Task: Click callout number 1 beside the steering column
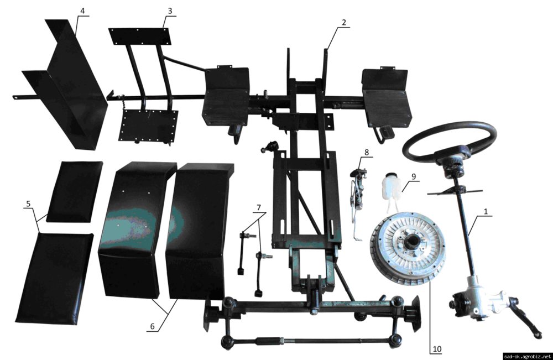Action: (x=486, y=212)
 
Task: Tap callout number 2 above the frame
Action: (x=344, y=23)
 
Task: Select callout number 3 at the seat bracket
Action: (x=170, y=11)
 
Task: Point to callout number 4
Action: (x=82, y=11)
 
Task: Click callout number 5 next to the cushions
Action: (x=28, y=204)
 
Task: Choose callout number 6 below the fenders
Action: (x=153, y=326)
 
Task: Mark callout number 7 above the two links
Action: (x=258, y=208)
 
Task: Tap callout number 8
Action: (x=367, y=152)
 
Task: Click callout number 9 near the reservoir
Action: (x=413, y=176)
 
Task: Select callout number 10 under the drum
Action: (x=437, y=349)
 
